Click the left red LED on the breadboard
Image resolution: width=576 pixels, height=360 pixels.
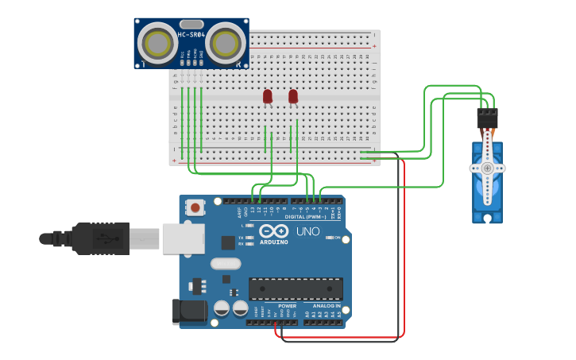tap(268, 96)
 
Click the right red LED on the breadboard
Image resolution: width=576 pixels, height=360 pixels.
tap(293, 96)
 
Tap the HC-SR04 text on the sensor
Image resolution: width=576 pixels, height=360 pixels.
tap(191, 34)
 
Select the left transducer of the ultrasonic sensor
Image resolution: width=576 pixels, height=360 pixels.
tap(157, 43)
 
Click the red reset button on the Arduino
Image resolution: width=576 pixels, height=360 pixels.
tap(195, 208)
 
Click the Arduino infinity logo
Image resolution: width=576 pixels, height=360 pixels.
tap(273, 230)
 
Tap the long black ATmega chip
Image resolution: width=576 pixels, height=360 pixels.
tap(296, 288)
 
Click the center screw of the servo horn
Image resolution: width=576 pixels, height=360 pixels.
tap(487, 168)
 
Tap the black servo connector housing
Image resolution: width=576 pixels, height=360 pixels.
tap(487, 118)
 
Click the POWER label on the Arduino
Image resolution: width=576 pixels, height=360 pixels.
tap(287, 305)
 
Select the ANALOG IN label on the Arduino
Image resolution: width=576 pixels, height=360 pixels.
tap(327, 305)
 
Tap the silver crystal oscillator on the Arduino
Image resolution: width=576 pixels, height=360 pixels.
tap(225, 263)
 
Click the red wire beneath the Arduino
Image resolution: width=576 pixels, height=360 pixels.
tap(342, 336)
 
